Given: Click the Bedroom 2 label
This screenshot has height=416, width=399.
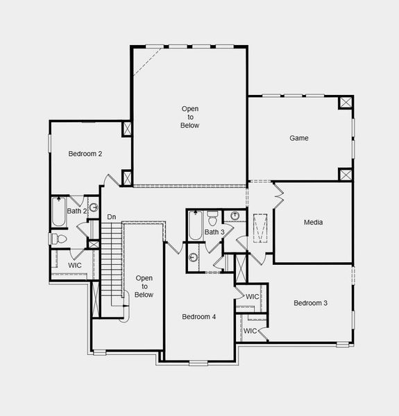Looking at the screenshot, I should coord(85,154).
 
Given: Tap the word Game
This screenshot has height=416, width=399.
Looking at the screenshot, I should coord(299,138).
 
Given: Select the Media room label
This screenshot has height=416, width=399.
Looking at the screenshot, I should coord(313,223).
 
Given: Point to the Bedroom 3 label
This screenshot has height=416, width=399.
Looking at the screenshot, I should coord(310,303).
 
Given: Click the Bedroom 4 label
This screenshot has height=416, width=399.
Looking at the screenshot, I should coord(199,317).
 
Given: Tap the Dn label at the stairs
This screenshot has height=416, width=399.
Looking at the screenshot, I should coord(111,218).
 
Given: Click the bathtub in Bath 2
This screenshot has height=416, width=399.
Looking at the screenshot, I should coord(58,213).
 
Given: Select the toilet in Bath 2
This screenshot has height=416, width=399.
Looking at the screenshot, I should coord(59,239).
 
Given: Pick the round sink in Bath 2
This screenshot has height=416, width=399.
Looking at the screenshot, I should coord(94,207).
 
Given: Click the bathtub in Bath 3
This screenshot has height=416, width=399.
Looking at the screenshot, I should coord(195,225).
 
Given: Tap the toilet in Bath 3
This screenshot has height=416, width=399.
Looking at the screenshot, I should coord(213,216).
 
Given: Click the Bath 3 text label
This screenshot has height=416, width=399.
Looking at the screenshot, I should coord(213,232).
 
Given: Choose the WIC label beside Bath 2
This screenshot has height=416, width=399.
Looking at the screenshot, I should coord(75,265).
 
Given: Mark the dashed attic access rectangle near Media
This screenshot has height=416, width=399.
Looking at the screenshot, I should coord(260,229).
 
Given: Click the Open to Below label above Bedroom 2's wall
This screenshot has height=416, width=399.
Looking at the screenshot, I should coord(190,117).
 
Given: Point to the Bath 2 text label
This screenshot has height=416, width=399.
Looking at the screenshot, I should coord(76,211).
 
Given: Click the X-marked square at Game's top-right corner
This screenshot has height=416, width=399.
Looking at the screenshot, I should coord(346,103).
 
